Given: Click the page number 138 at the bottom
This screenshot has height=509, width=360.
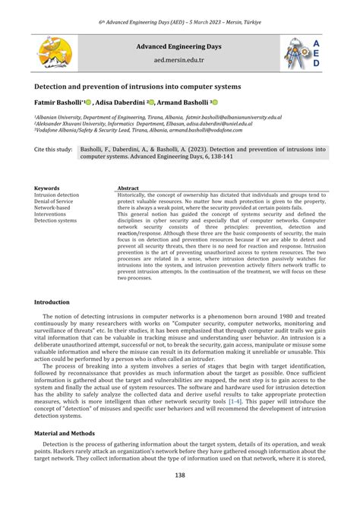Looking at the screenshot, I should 179,476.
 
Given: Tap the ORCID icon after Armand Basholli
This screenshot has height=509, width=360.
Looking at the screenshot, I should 215,102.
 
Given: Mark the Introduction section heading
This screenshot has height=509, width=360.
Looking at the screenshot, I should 52,302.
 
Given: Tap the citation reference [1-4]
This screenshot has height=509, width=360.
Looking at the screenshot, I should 226,404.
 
